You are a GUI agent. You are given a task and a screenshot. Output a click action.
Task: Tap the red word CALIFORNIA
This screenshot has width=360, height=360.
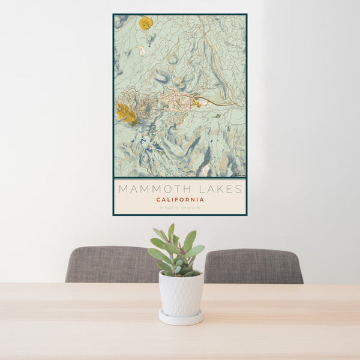[x=180, y=200]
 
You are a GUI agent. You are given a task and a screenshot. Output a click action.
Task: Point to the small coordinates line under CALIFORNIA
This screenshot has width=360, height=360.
[x=180, y=208]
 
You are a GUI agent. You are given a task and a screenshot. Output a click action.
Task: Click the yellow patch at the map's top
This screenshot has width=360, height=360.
[x=146, y=23]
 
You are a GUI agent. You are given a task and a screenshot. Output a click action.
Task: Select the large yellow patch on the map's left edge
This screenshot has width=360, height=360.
[x=127, y=112]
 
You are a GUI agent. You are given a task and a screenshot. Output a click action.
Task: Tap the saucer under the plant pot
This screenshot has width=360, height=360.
[x=181, y=317]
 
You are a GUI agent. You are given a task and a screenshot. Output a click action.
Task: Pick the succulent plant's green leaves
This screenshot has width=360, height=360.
[x=177, y=252]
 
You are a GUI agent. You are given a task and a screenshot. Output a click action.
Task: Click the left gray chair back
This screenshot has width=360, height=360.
[x=112, y=264]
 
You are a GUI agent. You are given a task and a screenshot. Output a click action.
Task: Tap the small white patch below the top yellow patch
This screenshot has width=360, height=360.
[x=141, y=50]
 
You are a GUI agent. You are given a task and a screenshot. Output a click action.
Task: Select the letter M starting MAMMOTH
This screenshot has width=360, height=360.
[x=122, y=189]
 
